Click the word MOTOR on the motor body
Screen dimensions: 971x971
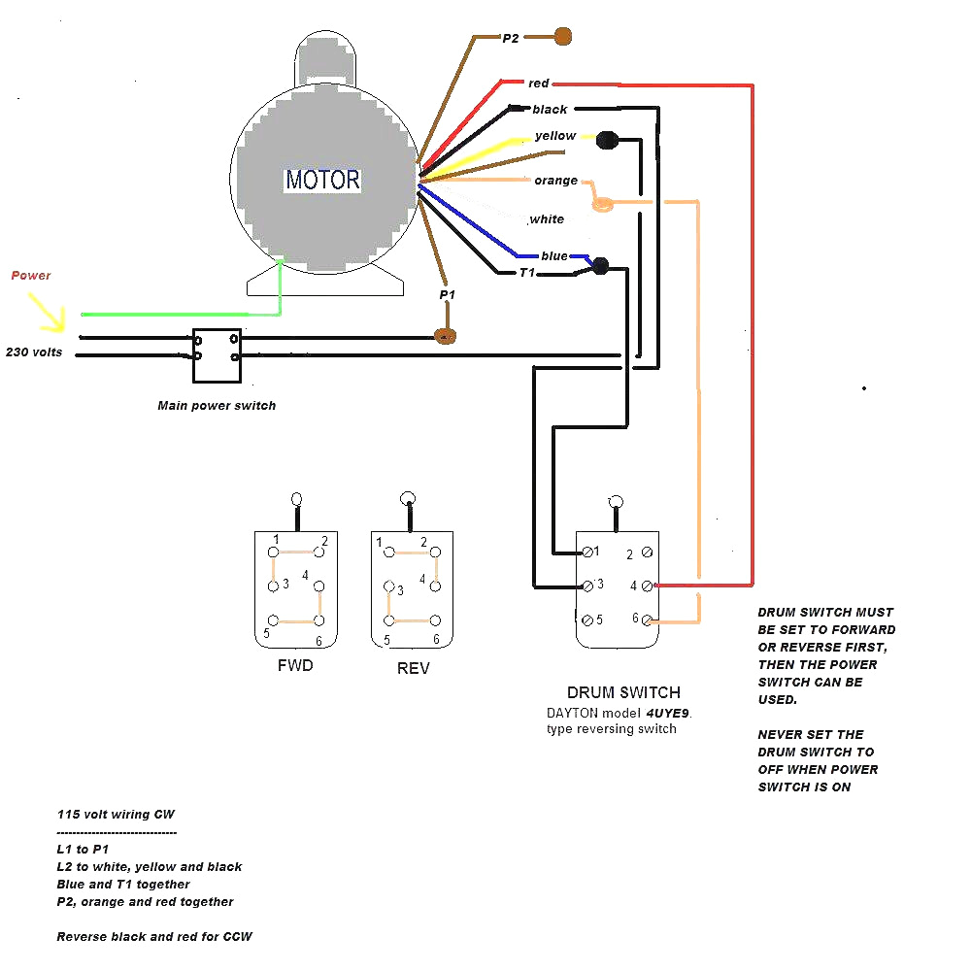click(x=322, y=181)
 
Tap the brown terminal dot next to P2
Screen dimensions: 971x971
click(x=562, y=37)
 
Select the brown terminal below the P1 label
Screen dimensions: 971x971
click(x=446, y=336)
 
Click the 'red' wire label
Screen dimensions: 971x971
click(x=539, y=84)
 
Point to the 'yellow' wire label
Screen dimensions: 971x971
click(x=555, y=136)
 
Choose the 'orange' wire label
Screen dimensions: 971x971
click(x=555, y=181)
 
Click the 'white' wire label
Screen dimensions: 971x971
click(x=547, y=219)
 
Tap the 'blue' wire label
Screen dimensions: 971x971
click(x=554, y=256)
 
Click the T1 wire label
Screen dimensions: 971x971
click(x=526, y=273)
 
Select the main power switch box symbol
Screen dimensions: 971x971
click(x=217, y=354)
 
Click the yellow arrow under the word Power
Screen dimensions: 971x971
click(x=49, y=313)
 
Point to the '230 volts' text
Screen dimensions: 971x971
click(x=35, y=352)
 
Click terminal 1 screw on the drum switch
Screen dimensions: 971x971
click(x=586, y=552)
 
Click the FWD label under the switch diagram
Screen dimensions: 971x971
click(x=295, y=667)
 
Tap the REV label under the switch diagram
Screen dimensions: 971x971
click(x=413, y=669)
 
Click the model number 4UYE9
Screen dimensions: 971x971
click(x=670, y=713)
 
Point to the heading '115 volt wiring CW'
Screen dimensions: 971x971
click(x=116, y=815)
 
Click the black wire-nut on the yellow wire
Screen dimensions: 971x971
click(x=607, y=141)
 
